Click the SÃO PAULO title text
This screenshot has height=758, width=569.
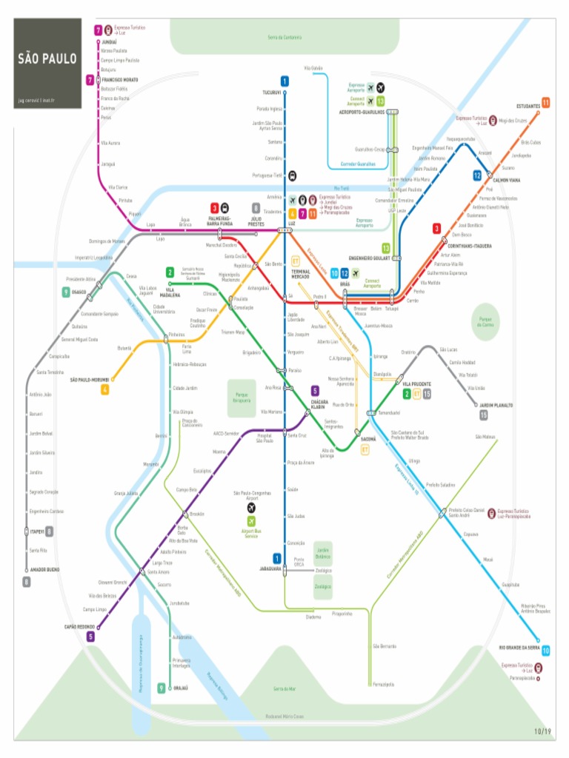tap(47, 58)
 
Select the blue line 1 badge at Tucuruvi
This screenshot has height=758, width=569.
tap(284, 81)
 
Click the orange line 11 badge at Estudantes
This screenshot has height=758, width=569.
tap(545, 102)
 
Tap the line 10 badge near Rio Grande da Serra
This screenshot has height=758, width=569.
tap(545, 651)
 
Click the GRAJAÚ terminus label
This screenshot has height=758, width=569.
tap(180, 688)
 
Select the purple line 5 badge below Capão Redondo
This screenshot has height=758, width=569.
tap(90, 636)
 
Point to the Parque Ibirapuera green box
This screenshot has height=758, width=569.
tap(242, 398)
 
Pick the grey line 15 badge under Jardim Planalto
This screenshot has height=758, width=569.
tap(483, 415)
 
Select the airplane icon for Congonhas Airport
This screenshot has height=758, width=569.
tap(252, 509)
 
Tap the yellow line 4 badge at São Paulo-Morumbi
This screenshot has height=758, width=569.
tap(105, 389)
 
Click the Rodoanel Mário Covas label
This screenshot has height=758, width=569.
tap(284, 717)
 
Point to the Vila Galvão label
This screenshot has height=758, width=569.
tap(313, 68)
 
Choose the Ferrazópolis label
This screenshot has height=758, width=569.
tap(384, 682)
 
